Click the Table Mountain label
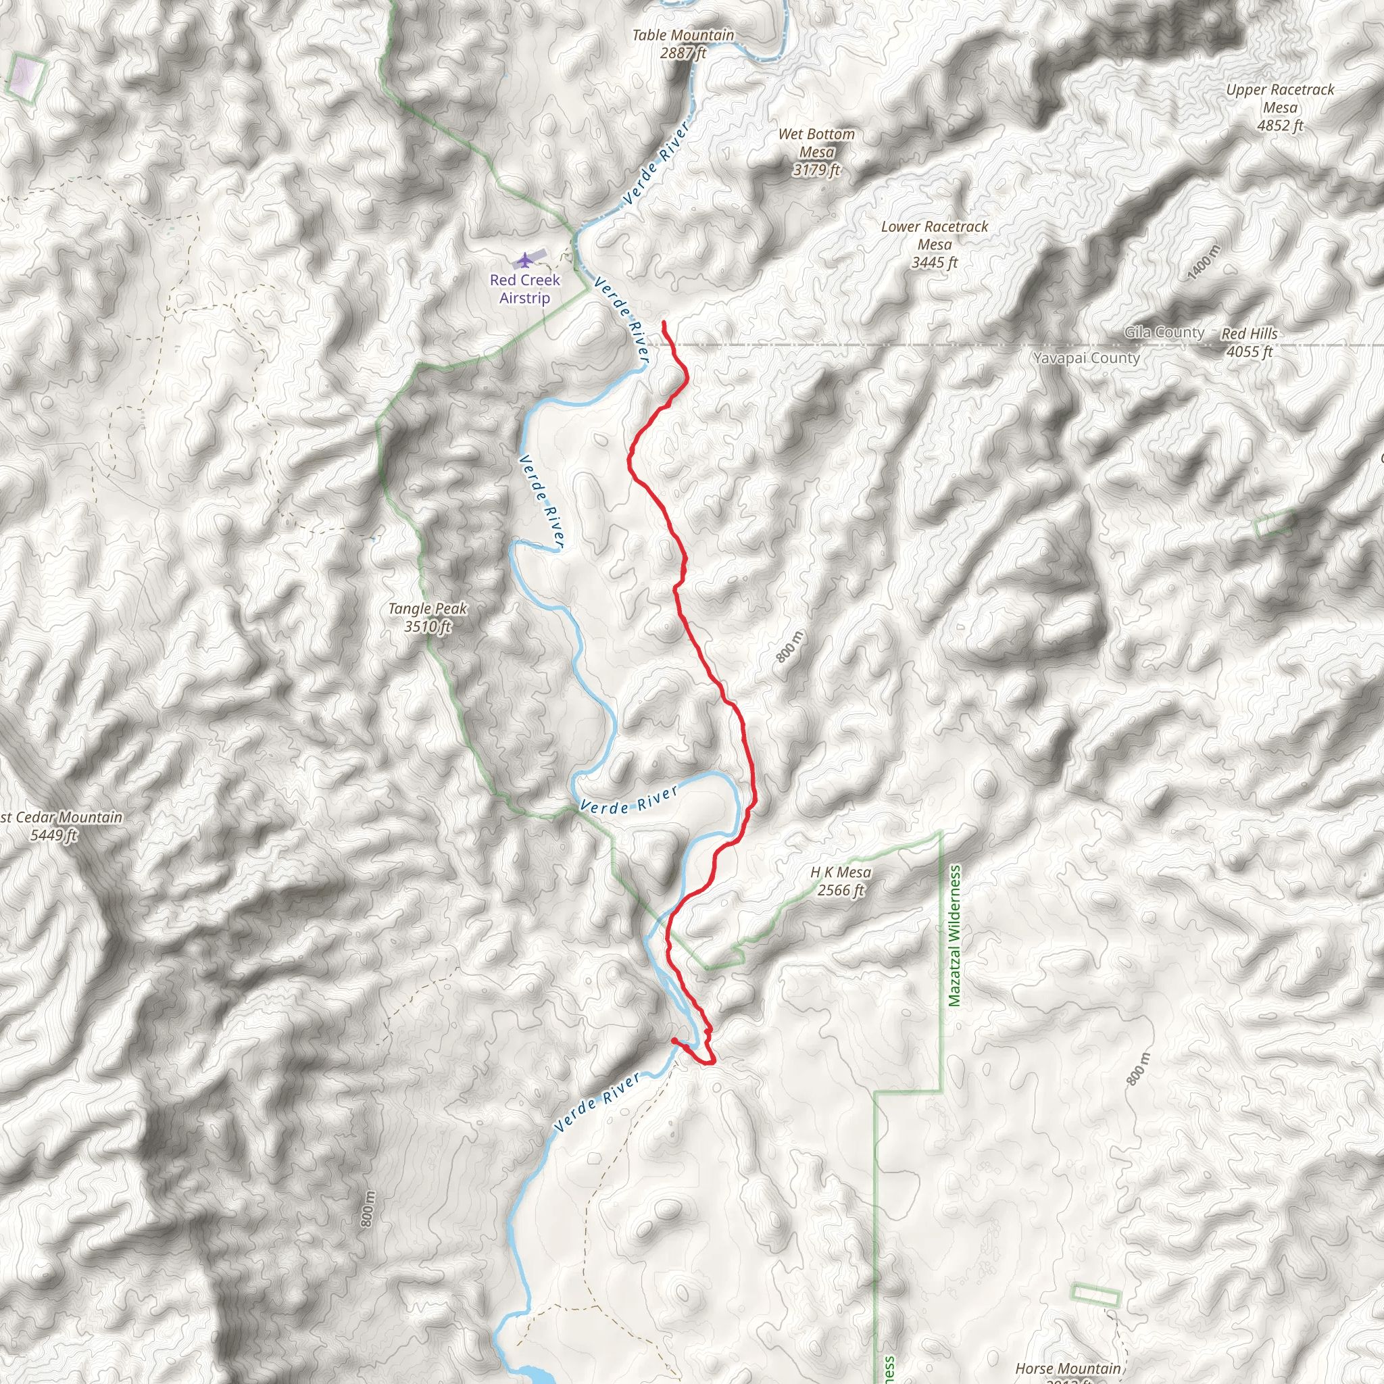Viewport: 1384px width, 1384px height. coord(683,35)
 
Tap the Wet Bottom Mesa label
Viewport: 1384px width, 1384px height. coord(816,143)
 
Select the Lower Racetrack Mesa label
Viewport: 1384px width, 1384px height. coord(934,235)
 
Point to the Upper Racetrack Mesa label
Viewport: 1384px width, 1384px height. coord(1280,98)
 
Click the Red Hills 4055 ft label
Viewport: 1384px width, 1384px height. coord(1250,343)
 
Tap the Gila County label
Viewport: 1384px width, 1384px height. coord(1164,332)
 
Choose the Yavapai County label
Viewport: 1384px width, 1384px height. coord(1086,358)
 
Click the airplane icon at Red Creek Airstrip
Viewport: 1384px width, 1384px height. coord(525,259)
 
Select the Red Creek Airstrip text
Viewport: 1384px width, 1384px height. coord(525,289)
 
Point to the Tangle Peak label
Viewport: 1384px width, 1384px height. coord(428,609)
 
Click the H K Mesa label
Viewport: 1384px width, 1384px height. coord(840,872)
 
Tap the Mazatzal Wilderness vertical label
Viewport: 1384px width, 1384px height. coord(954,935)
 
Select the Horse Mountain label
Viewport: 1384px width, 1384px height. coord(1067,1368)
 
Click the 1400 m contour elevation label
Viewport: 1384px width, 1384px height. coord(1204,262)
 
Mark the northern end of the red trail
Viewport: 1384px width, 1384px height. coord(664,323)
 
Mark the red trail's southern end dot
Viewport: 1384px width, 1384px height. coord(674,1041)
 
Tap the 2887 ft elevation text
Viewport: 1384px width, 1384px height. coord(683,53)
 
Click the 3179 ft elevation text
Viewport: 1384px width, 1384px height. coord(816,170)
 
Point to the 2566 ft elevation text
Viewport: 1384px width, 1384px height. coord(840,891)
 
